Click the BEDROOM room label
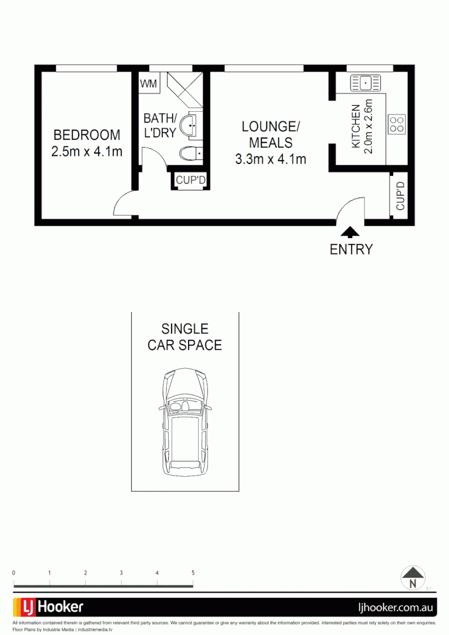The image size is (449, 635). [86, 135]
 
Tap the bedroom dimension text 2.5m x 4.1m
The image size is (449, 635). [86, 151]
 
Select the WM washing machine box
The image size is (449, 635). [149, 84]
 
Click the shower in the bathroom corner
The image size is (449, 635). [183, 88]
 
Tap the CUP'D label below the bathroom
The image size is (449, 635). [190, 181]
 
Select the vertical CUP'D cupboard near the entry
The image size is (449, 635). [401, 196]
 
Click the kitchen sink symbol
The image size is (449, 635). [366, 83]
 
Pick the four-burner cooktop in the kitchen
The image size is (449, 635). [397, 123]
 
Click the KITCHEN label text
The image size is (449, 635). [356, 126]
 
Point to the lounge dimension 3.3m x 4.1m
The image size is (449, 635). [270, 158]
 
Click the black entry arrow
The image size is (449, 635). [349, 232]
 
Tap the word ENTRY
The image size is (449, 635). [351, 249]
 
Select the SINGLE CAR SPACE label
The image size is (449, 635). [185, 337]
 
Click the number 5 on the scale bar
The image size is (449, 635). [193, 573]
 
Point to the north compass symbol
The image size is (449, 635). [413, 577]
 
